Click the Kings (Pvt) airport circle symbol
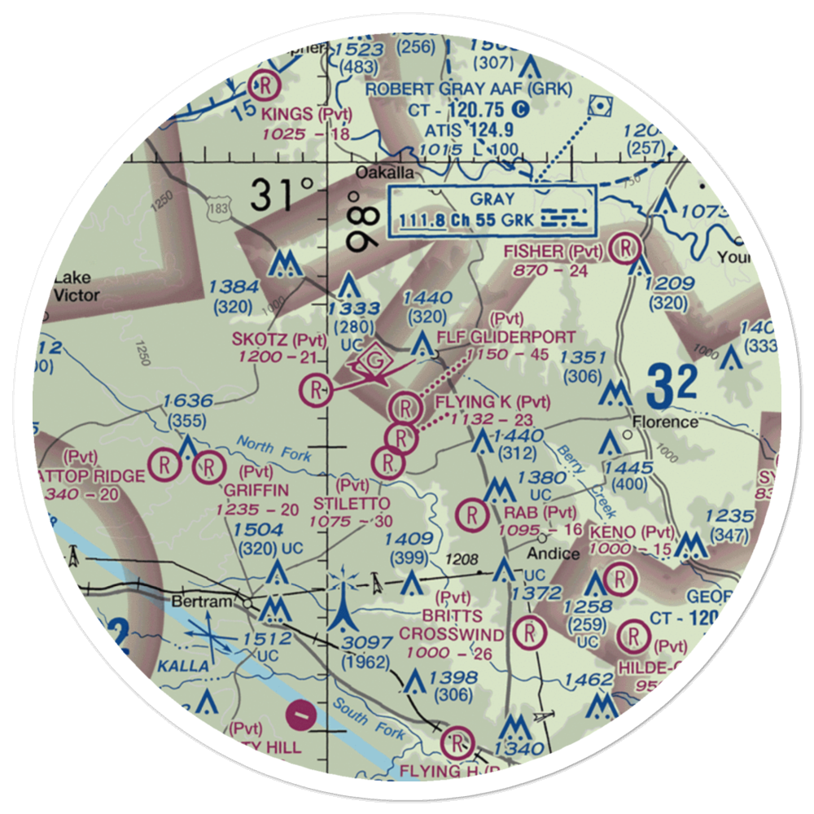click(x=266, y=84)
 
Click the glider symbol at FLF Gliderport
click(x=374, y=359)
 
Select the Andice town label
click(x=553, y=554)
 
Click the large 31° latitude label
click(x=282, y=196)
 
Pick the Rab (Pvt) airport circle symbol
click(x=471, y=514)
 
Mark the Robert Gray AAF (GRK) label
click(x=469, y=89)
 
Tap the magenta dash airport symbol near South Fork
click(x=300, y=715)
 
